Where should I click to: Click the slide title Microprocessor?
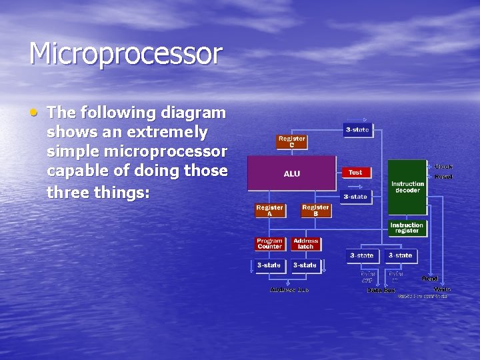[x=125, y=54]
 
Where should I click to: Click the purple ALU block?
[x=292, y=174]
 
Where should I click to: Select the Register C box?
[x=291, y=142]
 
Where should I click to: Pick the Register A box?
[x=269, y=211]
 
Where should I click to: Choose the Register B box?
[x=315, y=211]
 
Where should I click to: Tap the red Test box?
[x=355, y=173]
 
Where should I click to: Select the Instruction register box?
[x=407, y=228]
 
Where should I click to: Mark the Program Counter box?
[x=269, y=244]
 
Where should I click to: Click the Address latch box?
[x=305, y=244]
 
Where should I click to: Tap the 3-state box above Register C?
[x=357, y=129]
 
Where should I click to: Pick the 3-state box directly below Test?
[x=355, y=197]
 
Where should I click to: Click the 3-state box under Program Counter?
[x=269, y=265]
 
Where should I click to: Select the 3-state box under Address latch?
[x=305, y=265]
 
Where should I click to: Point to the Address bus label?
[x=289, y=289]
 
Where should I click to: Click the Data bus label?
[x=381, y=290]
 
